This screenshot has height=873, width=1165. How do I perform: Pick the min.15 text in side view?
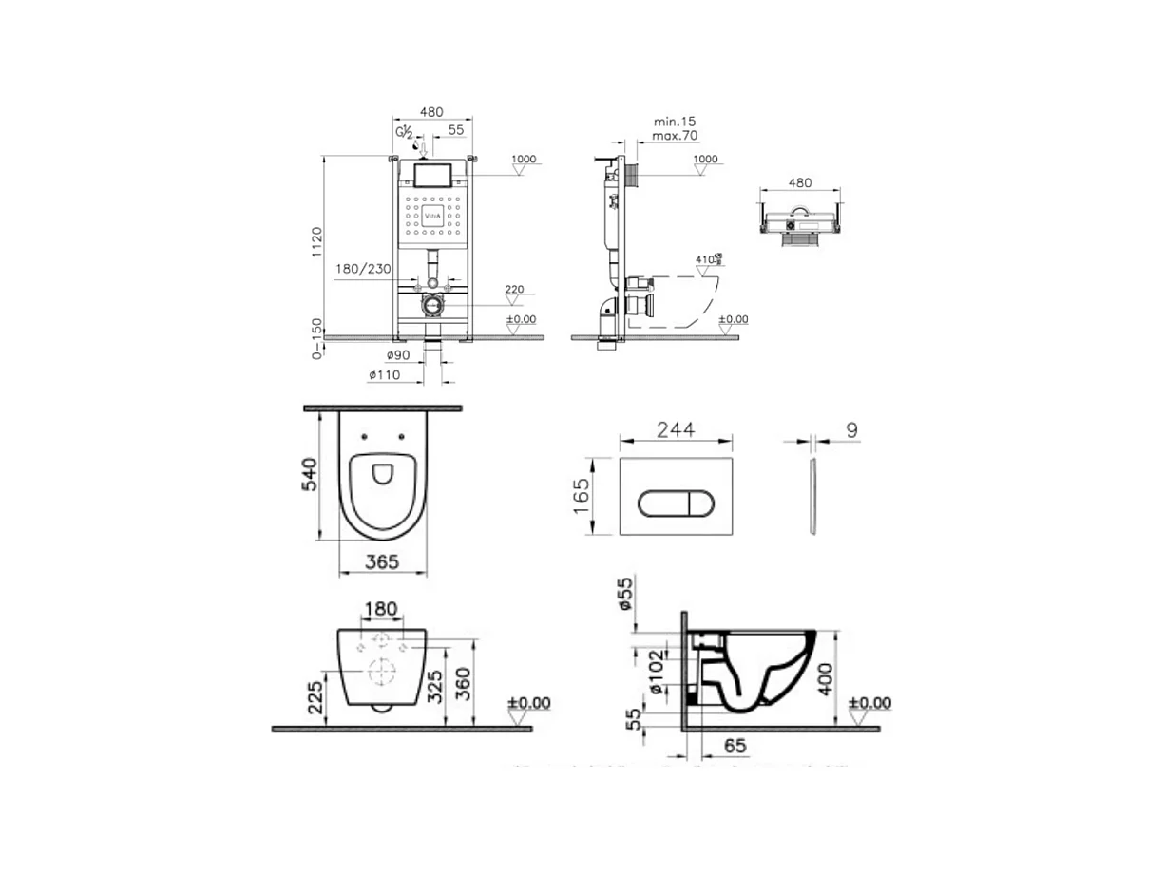675,122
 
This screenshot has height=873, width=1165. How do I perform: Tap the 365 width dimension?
382,561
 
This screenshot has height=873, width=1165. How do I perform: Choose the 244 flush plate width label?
676,429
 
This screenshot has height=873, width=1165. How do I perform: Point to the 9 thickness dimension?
851,429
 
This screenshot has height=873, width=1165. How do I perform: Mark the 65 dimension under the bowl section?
735,747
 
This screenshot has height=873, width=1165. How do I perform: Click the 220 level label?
514,290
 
